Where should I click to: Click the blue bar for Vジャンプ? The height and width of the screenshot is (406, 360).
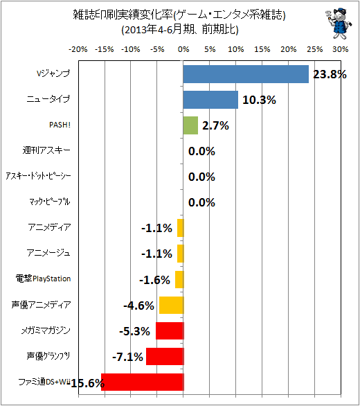[x=246, y=74]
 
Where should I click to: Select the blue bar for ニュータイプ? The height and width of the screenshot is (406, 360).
[x=210, y=100]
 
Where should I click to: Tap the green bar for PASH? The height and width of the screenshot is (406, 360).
[x=190, y=125]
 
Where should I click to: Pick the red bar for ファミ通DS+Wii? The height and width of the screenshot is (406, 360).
[x=143, y=382]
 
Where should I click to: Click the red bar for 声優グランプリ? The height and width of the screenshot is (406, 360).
[x=165, y=356]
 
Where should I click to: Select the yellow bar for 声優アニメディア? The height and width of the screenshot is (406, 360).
[x=171, y=305]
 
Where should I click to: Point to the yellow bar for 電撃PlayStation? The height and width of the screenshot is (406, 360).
[x=179, y=279]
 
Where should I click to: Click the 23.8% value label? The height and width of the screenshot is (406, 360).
[x=330, y=75]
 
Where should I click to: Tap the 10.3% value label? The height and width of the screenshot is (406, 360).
[x=259, y=100]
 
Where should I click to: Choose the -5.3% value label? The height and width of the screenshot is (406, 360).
[x=134, y=331]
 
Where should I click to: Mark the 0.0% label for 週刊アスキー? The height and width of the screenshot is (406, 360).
[x=201, y=151]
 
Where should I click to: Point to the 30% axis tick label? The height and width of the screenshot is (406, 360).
[x=341, y=49]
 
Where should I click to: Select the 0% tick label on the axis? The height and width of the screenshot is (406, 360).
[x=183, y=49]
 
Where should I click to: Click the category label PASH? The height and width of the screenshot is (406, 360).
[x=60, y=125]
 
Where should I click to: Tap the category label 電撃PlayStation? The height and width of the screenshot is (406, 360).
[x=43, y=279]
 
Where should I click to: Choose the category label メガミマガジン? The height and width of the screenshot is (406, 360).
[x=46, y=330]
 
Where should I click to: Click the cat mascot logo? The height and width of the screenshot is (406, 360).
[x=339, y=24]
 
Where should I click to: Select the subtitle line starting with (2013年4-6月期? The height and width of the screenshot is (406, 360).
[x=180, y=30]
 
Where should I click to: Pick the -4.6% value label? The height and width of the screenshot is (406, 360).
[x=138, y=306]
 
